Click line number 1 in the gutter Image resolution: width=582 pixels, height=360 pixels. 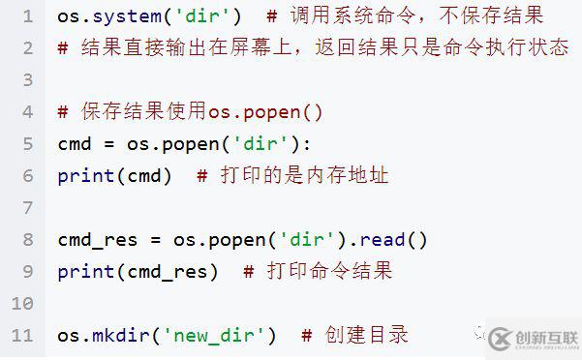point(26,16)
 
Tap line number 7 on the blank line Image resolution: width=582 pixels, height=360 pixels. point(26,207)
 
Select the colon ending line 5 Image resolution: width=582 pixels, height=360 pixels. point(308,144)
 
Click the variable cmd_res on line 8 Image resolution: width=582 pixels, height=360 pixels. point(98,239)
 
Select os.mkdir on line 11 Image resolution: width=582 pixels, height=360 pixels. point(104,335)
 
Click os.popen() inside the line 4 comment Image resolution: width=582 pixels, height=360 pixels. point(263,112)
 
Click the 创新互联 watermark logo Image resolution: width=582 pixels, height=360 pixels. point(532,339)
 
